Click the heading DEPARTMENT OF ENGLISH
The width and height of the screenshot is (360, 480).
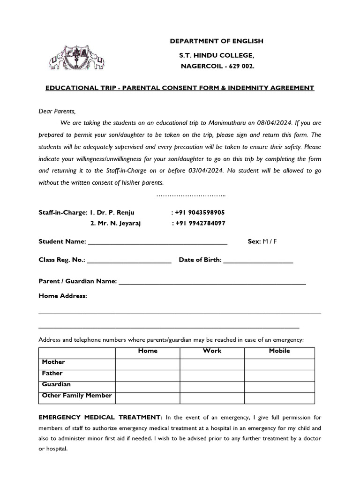pyautogui.click(x=216, y=41)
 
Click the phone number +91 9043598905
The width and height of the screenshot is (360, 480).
pyautogui.click(x=200, y=212)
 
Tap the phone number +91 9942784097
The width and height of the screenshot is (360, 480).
pyautogui.click(x=200, y=223)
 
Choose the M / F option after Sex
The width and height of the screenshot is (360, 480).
pyautogui.click(x=270, y=241)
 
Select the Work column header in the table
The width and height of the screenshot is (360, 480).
pyautogui.click(x=212, y=351)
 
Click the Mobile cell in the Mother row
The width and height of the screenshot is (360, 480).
pyautogui.click(x=279, y=364)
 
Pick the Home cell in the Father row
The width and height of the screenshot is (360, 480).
pyautogui.click(x=148, y=375)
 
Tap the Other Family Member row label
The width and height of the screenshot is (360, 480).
pyautogui.click(x=77, y=396)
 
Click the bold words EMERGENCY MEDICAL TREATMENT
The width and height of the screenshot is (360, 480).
pyautogui.click(x=100, y=417)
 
